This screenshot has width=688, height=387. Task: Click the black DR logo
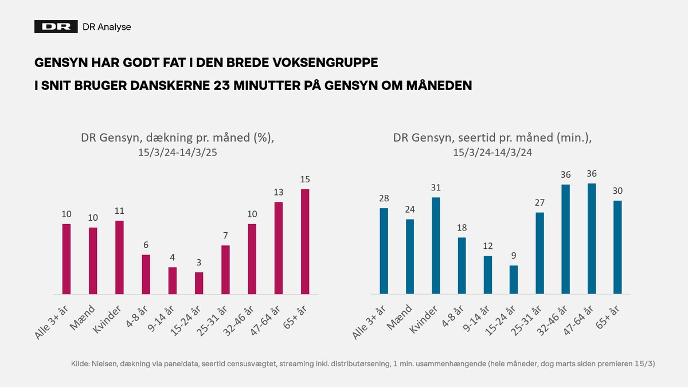pos(56,27)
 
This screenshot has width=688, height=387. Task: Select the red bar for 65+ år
pos(305,241)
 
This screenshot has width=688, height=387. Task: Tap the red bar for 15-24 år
pos(199,283)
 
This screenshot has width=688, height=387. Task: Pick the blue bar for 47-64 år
pos(592,239)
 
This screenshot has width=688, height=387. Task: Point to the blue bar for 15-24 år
pos(513,280)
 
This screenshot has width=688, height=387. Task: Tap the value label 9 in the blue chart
pos(513,255)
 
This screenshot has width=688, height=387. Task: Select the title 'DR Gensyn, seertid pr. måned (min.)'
pos(492,138)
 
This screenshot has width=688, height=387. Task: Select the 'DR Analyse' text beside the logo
pos(107,27)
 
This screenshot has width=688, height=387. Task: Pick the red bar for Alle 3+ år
pos(67,259)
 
